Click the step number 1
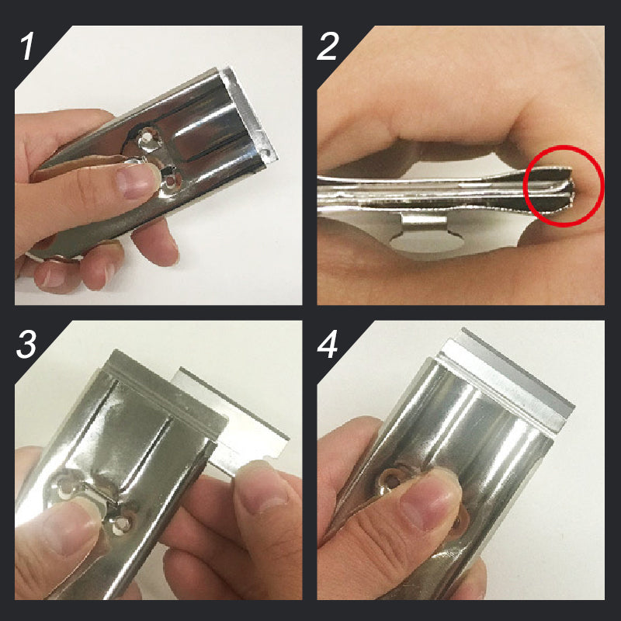pos(27,47)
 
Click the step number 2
pos(328,47)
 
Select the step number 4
pos(328,344)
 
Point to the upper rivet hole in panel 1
pos(147,137)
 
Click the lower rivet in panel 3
pos(121,525)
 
